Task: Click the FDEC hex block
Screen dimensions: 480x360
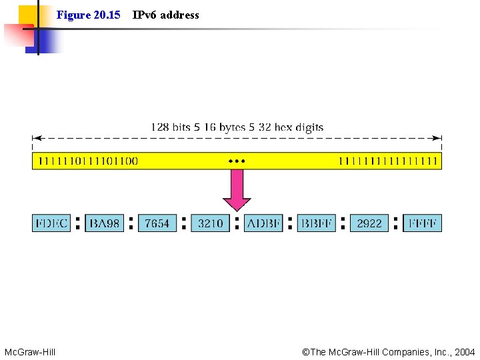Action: [x=51, y=223]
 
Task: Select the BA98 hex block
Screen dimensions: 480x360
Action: [x=105, y=223]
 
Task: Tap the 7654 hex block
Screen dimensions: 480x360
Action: [x=157, y=223]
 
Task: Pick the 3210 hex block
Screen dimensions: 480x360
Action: [x=211, y=223]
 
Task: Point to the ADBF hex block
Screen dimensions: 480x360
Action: [x=263, y=223]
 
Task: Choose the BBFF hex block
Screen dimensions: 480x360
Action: [x=317, y=223]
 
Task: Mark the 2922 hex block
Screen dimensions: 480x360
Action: [x=369, y=223]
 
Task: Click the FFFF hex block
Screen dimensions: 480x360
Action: [x=423, y=223]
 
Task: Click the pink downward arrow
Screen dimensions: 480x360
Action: [x=237, y=191]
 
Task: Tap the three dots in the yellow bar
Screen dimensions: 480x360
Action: [x=237, y=161]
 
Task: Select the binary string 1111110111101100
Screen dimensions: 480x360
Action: [x=88, y=161]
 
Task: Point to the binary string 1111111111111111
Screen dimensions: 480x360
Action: [x=388, y=161]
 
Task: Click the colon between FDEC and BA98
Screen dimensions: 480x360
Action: [x=78, y=223]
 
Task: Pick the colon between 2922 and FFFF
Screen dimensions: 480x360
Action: [x=396, y=223]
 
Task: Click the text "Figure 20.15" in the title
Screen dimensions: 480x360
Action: [x=88, y=15]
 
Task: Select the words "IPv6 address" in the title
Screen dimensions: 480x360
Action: [x=166, y=15]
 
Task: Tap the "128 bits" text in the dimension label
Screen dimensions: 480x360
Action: [x=171, y=127]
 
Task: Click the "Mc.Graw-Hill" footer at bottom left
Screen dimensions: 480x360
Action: [x=30, y=351]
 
